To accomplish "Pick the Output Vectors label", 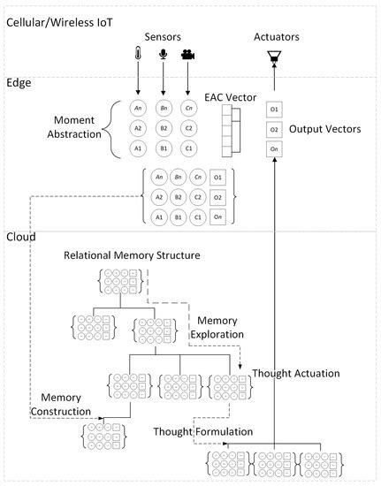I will click(x=331, y=129).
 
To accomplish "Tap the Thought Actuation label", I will click(x=296, y=374).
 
